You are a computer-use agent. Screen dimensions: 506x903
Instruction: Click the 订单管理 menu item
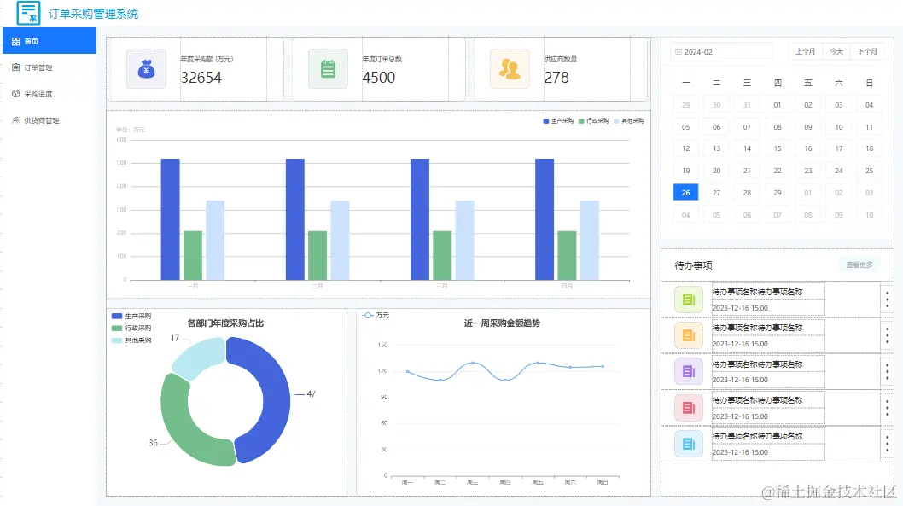tap(38, 67)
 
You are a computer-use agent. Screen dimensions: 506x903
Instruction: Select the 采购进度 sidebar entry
tap(38, 94)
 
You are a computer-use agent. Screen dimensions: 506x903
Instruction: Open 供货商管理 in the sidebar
tap(41, 120)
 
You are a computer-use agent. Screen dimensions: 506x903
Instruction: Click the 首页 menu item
tap(32, 41)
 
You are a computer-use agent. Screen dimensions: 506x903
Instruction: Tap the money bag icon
tap(146, 69)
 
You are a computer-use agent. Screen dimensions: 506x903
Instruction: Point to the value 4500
tap(379, 78)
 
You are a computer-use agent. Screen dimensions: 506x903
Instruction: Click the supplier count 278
tap(556, 78)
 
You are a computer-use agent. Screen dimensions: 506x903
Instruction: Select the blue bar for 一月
tap(170, 218)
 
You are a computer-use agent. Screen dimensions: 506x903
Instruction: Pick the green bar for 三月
tap(442, 254)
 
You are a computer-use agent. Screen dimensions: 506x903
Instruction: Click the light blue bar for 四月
tap(590, 240)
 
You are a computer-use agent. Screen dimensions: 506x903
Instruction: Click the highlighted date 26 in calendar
tap(686, 193)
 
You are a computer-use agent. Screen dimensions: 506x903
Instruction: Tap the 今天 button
tap(836, 52)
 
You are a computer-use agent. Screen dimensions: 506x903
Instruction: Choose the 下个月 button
tap(867, 52)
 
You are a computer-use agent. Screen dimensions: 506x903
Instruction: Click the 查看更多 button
tap(859, 265)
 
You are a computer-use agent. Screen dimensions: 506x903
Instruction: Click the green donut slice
tap(192, 422)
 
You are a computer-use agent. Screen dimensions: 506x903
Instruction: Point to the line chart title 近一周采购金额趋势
tap(502, 323)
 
